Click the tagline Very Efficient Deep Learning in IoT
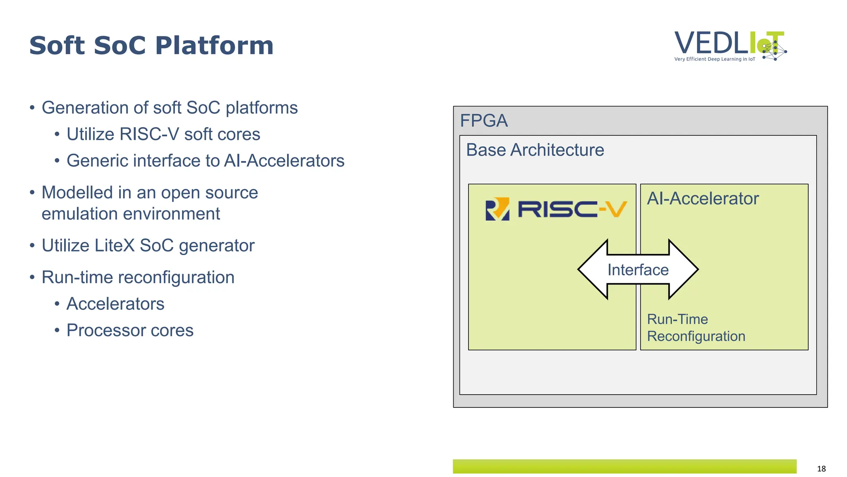tap(714, 59)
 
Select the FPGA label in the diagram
tap(483, 121)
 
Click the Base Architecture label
tap(535, 150)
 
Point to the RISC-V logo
tap(555, 209)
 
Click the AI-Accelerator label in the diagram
tap(703, 199)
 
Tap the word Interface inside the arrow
tap(638, 270)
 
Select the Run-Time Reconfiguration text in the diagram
tap(696, 328)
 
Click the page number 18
tap(821, 469)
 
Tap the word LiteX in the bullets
tap(115, 246)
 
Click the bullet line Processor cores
tap(129, 330)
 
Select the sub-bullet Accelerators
tap(115, 304)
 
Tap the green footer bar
tap(624, 466)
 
